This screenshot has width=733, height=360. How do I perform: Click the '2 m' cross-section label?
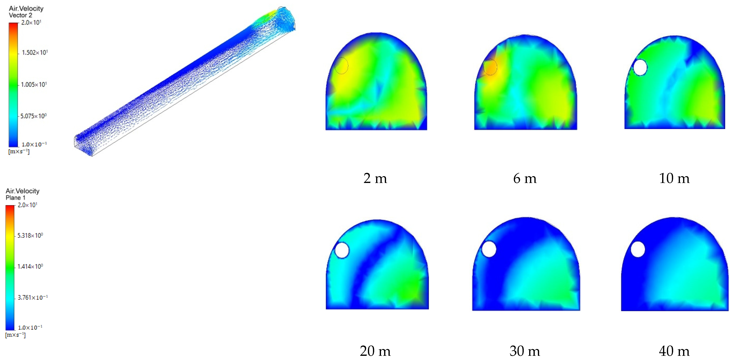375,178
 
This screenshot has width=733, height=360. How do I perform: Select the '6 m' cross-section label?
525,178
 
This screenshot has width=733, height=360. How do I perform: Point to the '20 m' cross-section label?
375,351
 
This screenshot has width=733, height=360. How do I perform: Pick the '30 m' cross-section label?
525,351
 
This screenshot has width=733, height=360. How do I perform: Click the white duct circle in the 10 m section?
640,67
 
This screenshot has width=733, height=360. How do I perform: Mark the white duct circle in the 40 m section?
638,249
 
